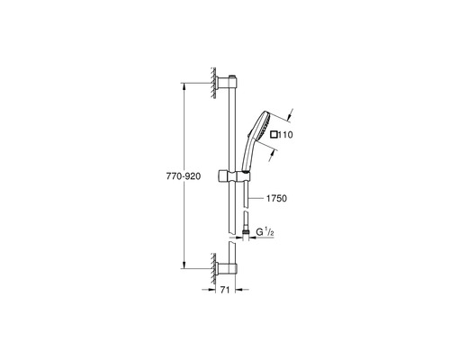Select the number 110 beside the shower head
(x=287, y=134)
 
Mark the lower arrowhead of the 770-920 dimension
(x=186, y=267)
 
